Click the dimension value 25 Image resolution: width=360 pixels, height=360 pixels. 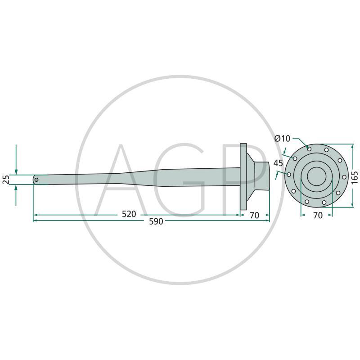(6, 180)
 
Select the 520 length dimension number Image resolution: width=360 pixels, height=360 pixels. (129, 214)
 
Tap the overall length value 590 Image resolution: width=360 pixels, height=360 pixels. (156, 221)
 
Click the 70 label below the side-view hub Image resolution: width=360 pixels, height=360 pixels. (254, 216)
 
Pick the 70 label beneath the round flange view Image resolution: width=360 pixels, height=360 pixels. (318, 216)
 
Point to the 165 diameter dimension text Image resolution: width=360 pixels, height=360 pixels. (355, 177)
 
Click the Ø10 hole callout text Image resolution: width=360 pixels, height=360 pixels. (282, 139)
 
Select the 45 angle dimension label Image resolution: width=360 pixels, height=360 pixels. (278, 163)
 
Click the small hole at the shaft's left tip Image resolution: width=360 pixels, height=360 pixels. (36, 180)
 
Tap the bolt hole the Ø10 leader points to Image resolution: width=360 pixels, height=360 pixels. (309, 149)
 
